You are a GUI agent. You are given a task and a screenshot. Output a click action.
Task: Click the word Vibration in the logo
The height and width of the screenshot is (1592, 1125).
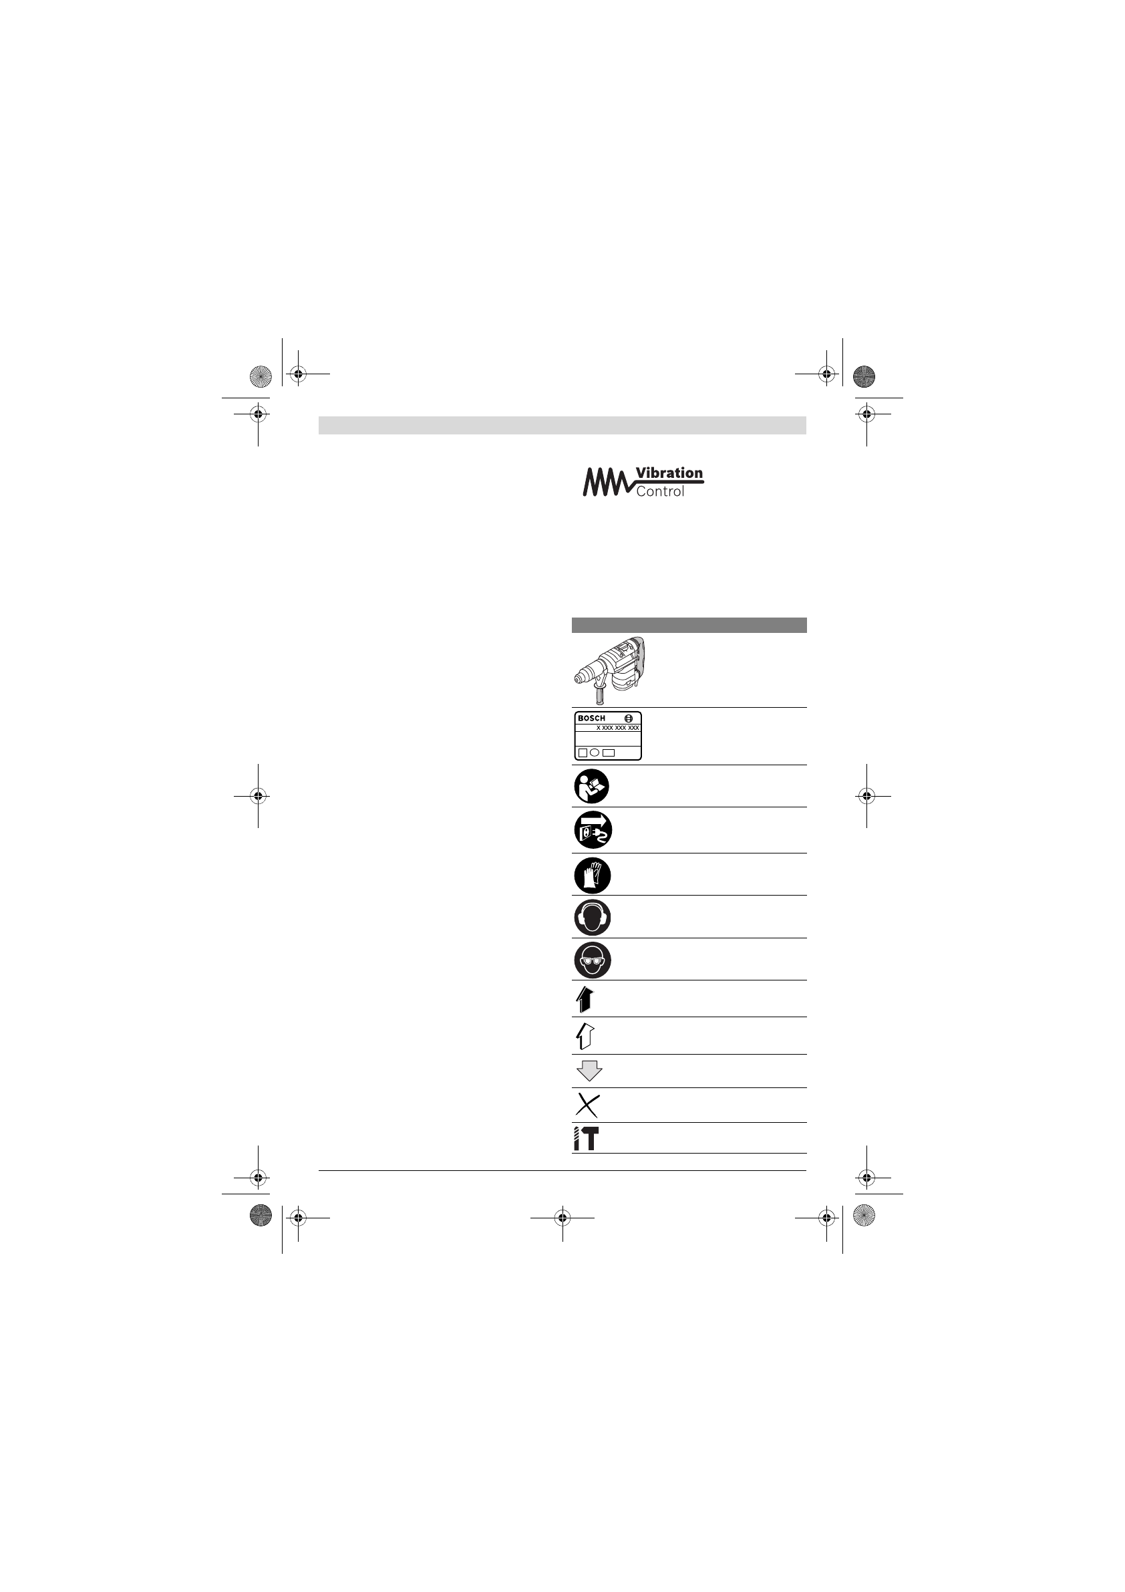click(x=669, y=473)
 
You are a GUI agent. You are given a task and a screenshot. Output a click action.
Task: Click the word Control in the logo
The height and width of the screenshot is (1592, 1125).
click(x=660, y=492)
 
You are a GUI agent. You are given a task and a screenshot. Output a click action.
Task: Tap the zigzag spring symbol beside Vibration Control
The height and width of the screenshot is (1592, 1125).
click(x=607, y=482)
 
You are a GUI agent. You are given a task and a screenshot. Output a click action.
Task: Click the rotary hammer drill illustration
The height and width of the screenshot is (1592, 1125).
click(x=609, y=670)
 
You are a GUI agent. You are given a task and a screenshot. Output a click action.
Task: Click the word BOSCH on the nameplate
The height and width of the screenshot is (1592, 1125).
click(x=591, y=718)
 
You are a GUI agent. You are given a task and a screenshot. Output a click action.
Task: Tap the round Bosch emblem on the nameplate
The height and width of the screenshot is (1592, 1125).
click(x=629, y=718)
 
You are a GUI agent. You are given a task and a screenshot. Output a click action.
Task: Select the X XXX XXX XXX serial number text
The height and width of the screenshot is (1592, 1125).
click(x=617, y=728)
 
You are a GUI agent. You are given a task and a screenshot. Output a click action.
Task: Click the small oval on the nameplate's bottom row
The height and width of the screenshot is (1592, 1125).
click(x=595, y=753)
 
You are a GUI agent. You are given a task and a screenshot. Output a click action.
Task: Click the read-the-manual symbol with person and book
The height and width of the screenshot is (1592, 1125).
click(x=592, y=786)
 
